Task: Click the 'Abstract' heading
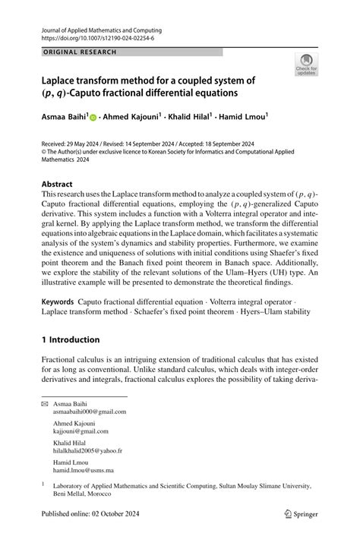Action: (57, 184)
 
